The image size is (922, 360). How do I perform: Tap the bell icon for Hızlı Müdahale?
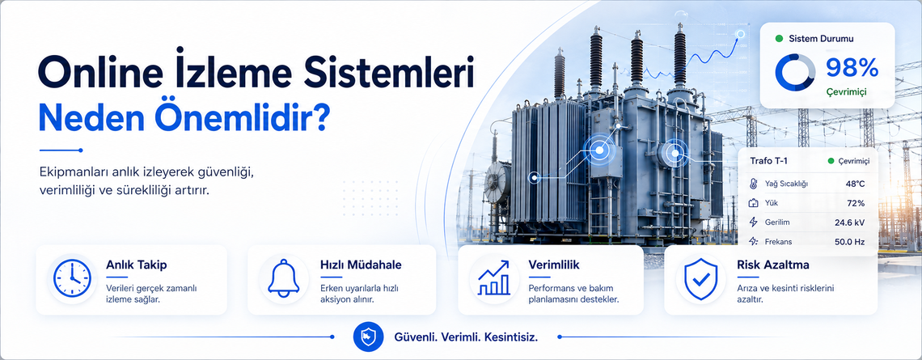coord(283,277)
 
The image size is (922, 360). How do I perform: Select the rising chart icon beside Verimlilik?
coord(493,277)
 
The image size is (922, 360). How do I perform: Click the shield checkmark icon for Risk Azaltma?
coord(700,278)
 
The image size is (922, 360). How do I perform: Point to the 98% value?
coord(852,68)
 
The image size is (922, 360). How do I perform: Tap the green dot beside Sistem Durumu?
coord(779,39)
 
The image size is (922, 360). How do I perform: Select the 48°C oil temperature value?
coord(855,184)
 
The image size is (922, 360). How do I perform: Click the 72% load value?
coord(856,204)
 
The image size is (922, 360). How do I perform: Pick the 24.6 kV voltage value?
coord(850,222)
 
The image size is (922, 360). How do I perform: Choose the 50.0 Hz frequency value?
coord(850,242)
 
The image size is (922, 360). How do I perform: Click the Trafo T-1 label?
coord(770,161)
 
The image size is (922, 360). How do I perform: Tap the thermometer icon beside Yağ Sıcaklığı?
coord(754,184)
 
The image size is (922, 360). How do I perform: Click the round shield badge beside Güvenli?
coord(368,337)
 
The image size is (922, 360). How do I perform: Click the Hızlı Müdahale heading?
coord(361,265)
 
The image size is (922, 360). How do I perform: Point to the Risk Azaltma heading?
coord(772,265)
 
